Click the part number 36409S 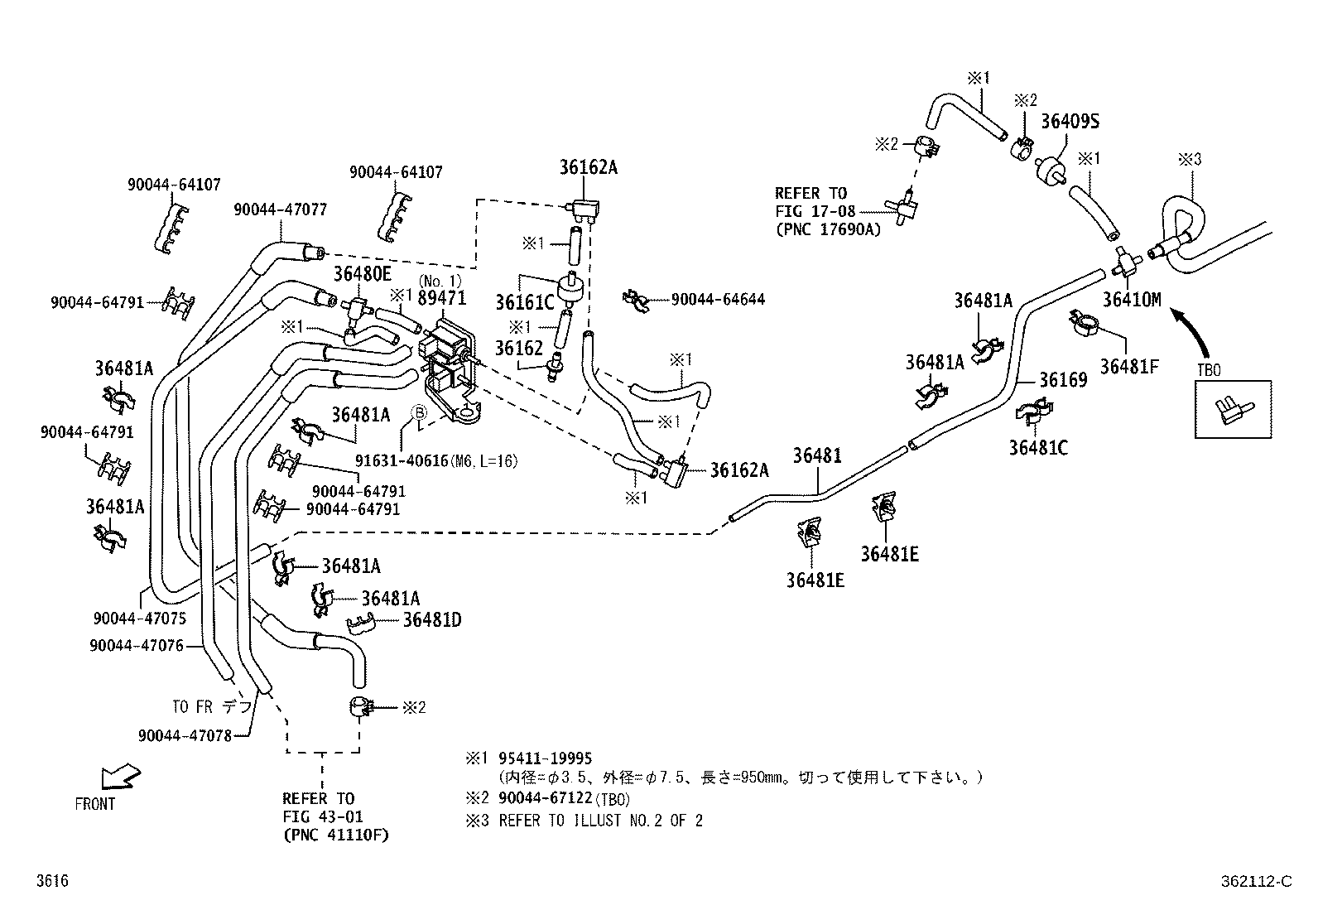1070,122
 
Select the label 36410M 1132,300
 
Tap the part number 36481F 1129,365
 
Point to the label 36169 1063,380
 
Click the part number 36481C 1038,448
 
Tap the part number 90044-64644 717,300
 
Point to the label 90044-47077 280,210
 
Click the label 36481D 432,620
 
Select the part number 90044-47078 185,734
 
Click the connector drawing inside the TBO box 1233,410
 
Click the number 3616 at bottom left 51,881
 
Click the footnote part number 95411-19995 546,758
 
